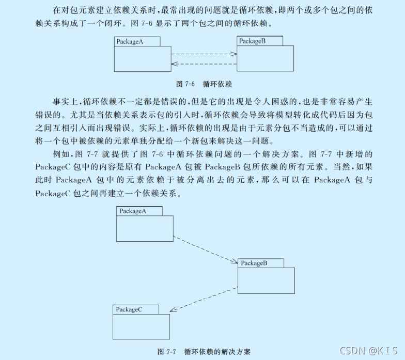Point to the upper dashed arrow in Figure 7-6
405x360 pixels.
point(204,54)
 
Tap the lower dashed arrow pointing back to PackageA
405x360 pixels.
point(204,64)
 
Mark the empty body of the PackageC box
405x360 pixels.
point(141,326)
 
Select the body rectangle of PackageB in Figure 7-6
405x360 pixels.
point(265,58)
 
